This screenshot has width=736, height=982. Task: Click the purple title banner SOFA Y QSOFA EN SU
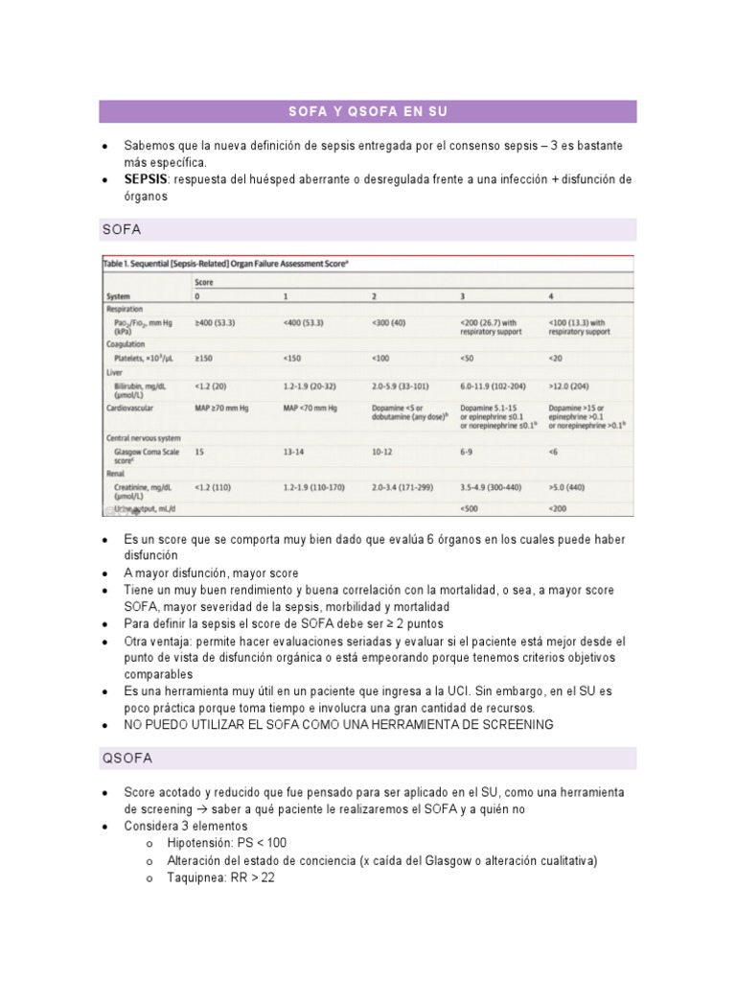368,112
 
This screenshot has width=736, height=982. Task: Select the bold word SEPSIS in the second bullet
146,180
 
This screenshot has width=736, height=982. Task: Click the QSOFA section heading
126,759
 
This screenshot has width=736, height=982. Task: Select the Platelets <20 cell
557,358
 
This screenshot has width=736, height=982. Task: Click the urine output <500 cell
471,508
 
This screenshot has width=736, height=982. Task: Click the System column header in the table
120,295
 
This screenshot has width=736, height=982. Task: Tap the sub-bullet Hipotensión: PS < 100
226,843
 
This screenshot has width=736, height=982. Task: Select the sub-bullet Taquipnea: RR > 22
220,877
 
